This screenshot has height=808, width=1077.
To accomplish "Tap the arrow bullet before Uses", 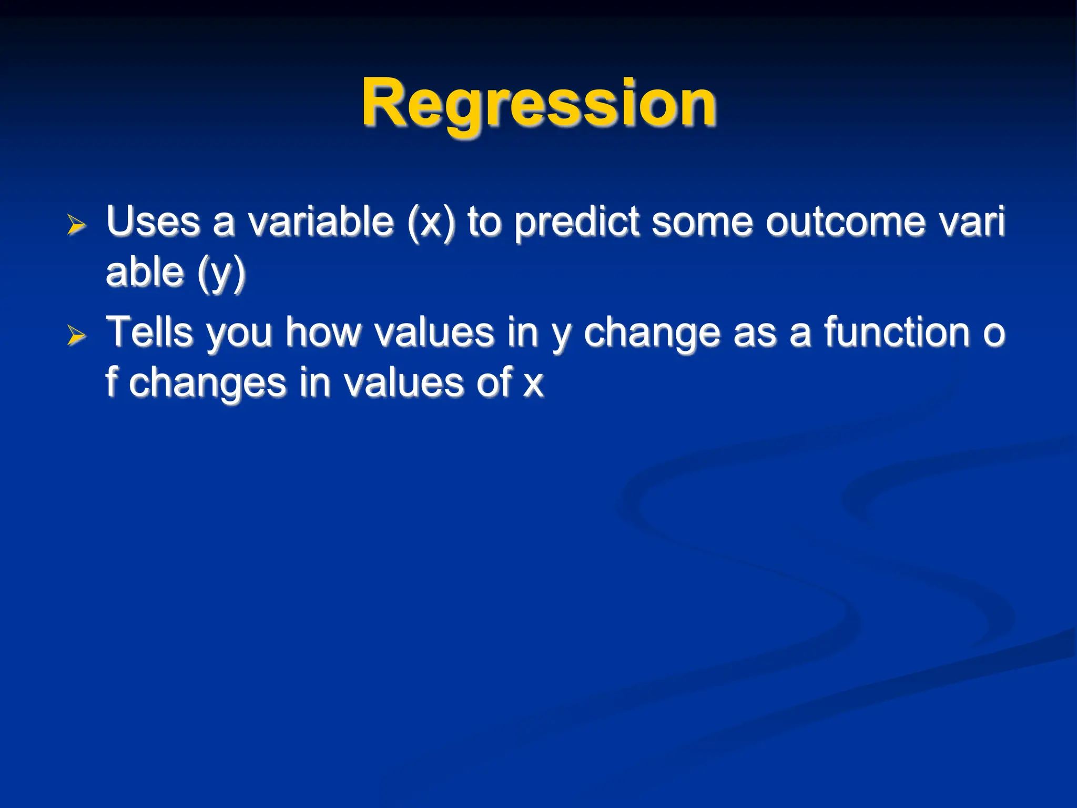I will pos(76,225).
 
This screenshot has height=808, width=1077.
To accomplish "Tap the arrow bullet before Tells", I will pos(76,336).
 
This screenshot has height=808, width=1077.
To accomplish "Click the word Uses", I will pos(153,221).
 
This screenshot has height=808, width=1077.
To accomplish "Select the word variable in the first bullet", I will pos(320,221).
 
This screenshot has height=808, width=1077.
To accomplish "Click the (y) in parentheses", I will pos(221,273).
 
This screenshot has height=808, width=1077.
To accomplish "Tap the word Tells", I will pos(149,332).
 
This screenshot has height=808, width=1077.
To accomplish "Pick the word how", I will pos(323,332).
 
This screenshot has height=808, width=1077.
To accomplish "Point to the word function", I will pos(897,332).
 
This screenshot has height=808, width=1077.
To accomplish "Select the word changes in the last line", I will pos(207,383).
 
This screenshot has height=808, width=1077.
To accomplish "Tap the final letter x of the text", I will pos(533,385).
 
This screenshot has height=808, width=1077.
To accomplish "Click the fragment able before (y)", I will pos(145,272).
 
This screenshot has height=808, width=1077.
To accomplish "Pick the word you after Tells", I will pos(239,334).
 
